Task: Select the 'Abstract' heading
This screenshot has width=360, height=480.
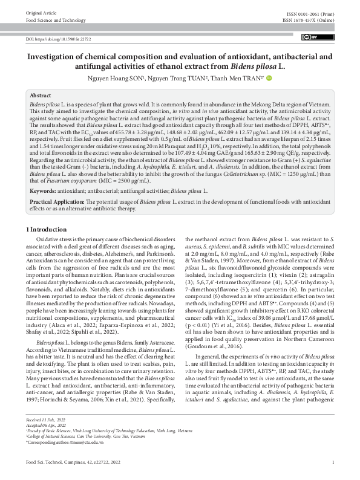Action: coord(40,96)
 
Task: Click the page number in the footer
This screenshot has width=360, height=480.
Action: coord(333,463)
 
